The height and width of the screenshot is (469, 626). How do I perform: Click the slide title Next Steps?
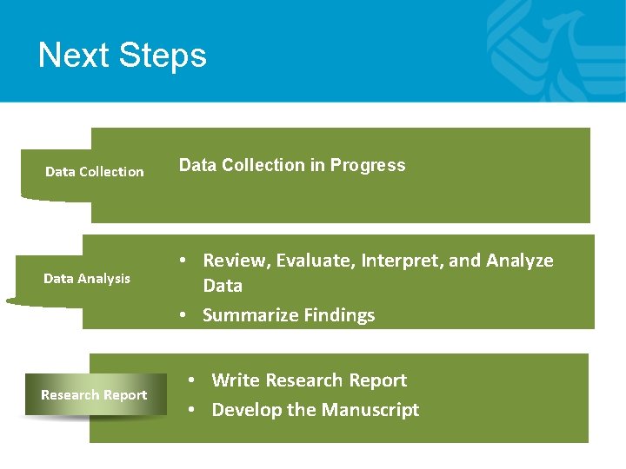pyautogui.click(x=123, y=56)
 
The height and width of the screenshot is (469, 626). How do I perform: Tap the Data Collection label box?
pyautogui.click(x=94, y=172)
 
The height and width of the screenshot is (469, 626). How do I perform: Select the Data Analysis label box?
pyautogui.click(x=87, y=279)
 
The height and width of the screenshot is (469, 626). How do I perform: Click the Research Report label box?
pyautogui.click(x=94, y=395)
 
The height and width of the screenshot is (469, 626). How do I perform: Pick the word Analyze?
pyautogui.click(x=520, y=261)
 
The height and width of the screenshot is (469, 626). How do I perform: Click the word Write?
pyautogui.click(x=236, y=380)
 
